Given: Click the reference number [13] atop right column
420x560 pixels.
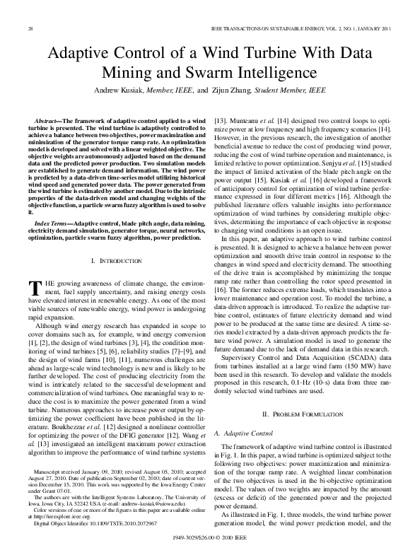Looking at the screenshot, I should coord(221,122).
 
